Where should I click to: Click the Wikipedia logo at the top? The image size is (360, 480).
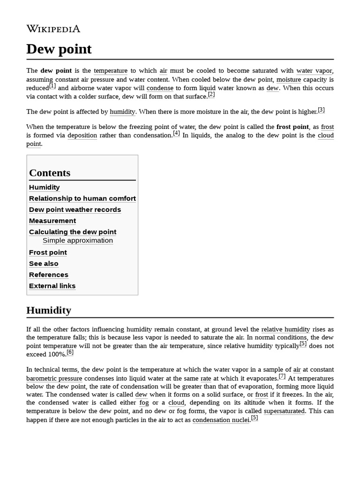53,29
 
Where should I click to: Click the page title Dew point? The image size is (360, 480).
59,49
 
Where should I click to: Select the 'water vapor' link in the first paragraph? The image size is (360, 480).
314,71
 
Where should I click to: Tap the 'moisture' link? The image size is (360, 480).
289,80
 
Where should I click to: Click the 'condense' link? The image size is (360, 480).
160,88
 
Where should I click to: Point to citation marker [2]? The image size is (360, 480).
211,95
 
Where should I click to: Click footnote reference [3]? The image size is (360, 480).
321,110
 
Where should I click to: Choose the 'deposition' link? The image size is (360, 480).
82,135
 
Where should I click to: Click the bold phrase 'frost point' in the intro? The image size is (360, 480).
292,127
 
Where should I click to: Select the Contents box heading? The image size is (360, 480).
50,173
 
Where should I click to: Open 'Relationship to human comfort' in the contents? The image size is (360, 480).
82,198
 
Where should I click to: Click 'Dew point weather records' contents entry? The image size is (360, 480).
75,210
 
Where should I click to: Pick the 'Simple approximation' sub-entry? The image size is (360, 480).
78,240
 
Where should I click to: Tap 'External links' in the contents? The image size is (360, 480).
52,286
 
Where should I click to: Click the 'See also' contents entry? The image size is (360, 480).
44,263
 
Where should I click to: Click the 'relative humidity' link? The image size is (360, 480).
285,330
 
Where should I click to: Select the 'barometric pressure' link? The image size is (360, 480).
54,378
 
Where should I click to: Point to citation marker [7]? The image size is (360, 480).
282,376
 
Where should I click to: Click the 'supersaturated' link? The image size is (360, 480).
285,411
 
